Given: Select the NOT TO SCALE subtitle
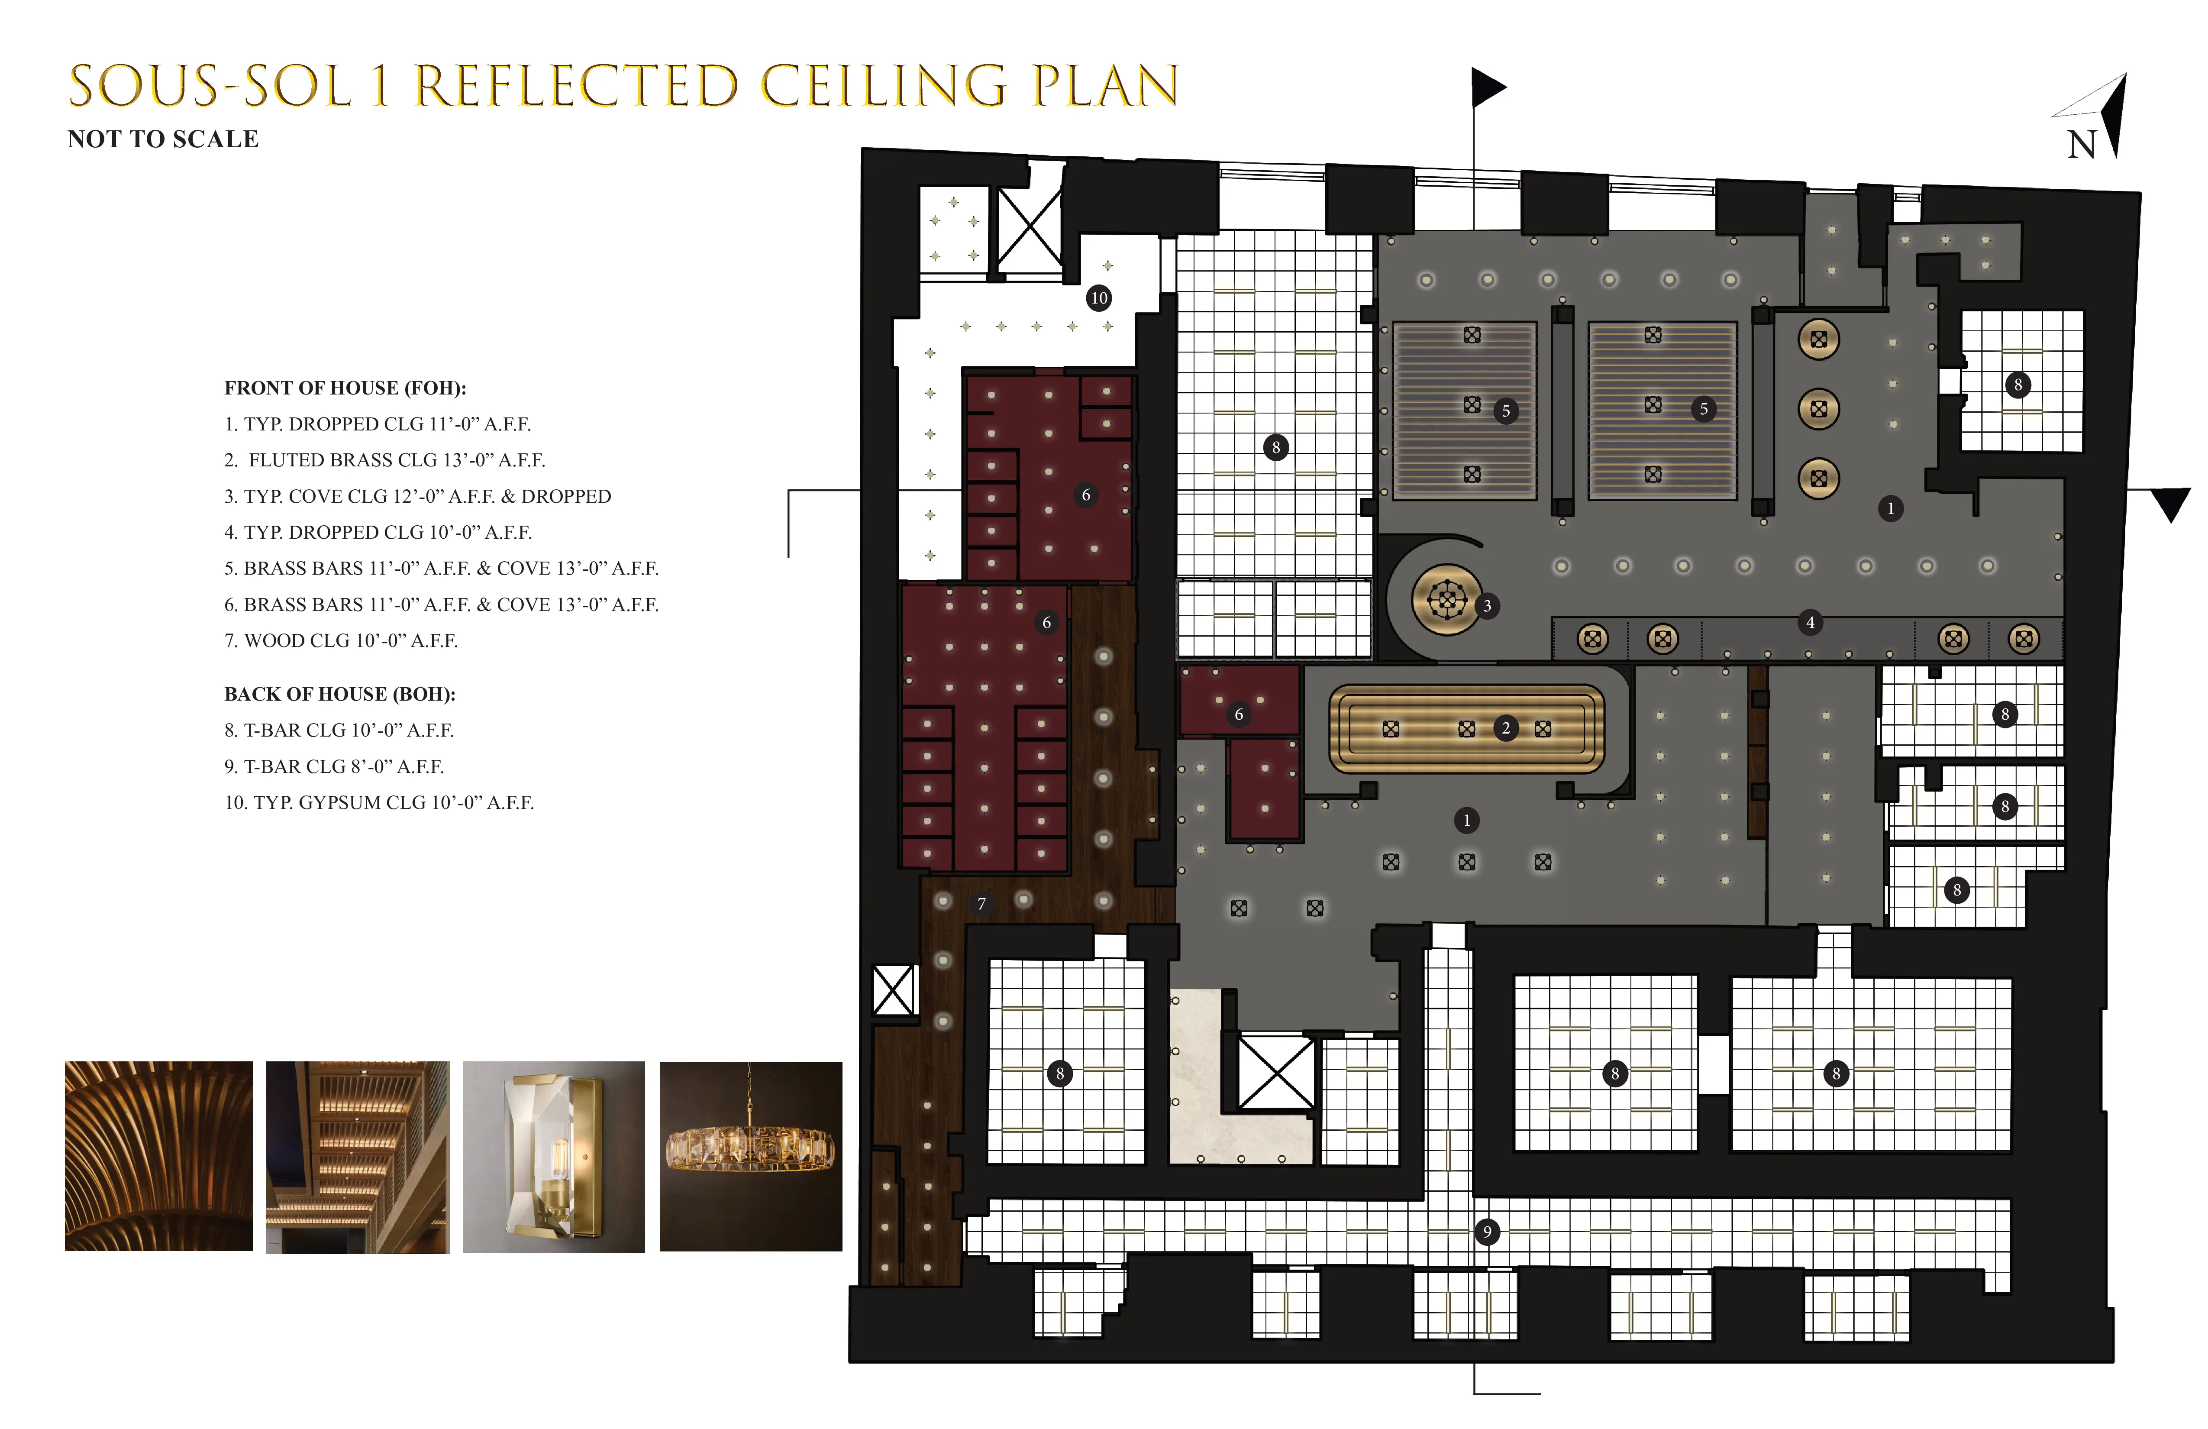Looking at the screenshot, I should pyautogui.click(x=163, y=139).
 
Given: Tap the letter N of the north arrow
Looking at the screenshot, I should pyautogui.click(x=2081, y=145).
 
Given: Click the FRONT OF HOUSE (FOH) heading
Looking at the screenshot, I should pyautogui.click(x=345, y=388).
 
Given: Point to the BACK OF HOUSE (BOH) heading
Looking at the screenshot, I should pyautogui.click(x=339, y=694).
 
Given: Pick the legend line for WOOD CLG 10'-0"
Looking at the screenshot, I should pyautogui.click(x=342, y=640).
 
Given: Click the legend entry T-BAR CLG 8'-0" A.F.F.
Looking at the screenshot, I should pyautogui.click(x=334, y=766).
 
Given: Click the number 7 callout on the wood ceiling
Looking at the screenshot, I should pyautogui.click(x=981, y=904).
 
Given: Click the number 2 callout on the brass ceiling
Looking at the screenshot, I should pyautogui.click(x=1506, y=728).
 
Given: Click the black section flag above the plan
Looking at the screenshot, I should pyautogui.click(x=1488, y=88).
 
